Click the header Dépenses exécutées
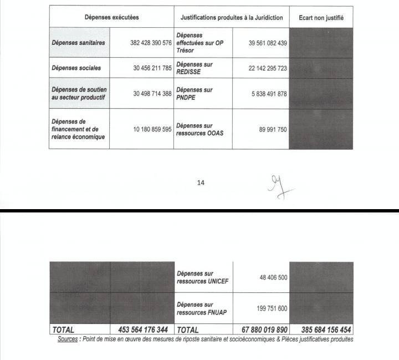[x=111, y=18]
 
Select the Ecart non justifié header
[x=321, y=18]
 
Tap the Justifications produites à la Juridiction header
[x=232, y=18]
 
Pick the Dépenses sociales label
[x=76, y=68]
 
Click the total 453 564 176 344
[x=143, y=330]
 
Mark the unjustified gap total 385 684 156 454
[x=321, y=330]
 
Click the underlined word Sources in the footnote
[x=68, y=339]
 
